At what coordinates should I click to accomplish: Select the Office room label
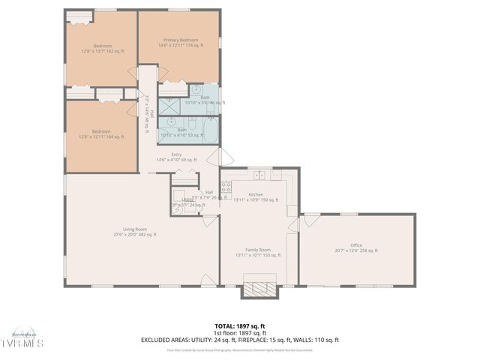pos(355,245)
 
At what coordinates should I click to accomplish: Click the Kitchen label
pos(256,194)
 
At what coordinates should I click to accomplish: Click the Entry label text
pos(176,154)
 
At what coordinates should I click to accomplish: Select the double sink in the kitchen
pos(259,175)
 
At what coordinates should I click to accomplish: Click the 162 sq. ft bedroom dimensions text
pos(103,51)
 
